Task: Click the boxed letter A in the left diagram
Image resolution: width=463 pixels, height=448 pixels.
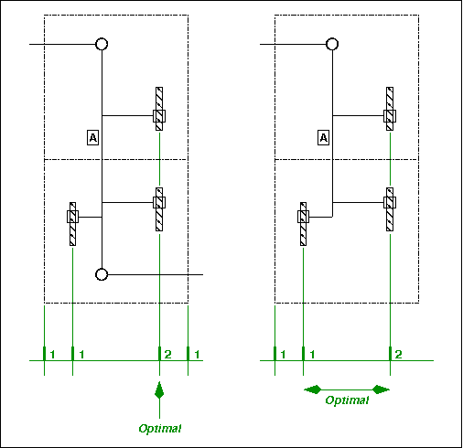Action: (x=92, y=138)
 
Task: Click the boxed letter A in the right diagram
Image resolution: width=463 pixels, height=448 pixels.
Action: (x=323, y=138)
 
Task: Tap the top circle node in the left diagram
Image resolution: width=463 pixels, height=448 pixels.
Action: (x=102, y=44)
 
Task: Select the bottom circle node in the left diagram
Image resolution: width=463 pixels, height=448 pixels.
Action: (x=102, y=274)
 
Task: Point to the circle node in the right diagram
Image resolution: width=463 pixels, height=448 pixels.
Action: (x=332, y=44)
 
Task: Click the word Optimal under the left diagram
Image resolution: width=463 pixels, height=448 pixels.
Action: (x=160, y=429)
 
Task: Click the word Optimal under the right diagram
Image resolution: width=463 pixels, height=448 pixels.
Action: (x=347, y=400)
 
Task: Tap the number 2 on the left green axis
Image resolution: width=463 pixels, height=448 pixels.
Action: (x=167, y=354)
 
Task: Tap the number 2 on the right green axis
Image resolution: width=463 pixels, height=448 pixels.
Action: (x=398, y=354)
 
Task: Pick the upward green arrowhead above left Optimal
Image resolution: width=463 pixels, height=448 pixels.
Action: (x=159, y=390)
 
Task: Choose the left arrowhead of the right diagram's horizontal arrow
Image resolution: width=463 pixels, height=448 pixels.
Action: (x=313, y=389)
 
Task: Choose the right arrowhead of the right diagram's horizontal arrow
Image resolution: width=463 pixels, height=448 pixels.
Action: (x=381, y=389)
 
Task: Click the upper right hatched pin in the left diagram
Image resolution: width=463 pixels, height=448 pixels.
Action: (x=159, y=109)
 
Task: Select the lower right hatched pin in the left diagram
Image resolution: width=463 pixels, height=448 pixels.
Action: (x=159, y=209)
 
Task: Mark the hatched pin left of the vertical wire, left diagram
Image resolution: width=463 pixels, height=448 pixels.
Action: (x=72, y=224)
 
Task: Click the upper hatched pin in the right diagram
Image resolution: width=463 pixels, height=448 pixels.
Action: (x=390, y=109)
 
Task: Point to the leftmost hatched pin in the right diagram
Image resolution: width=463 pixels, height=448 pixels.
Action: (x=303, y=224)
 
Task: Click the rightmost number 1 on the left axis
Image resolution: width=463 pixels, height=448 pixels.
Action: (x=197, y=354)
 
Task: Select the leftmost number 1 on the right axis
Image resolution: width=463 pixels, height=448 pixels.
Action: (x=283, y=354)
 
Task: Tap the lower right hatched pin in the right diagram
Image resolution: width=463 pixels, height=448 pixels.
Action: (x=390, y=209)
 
